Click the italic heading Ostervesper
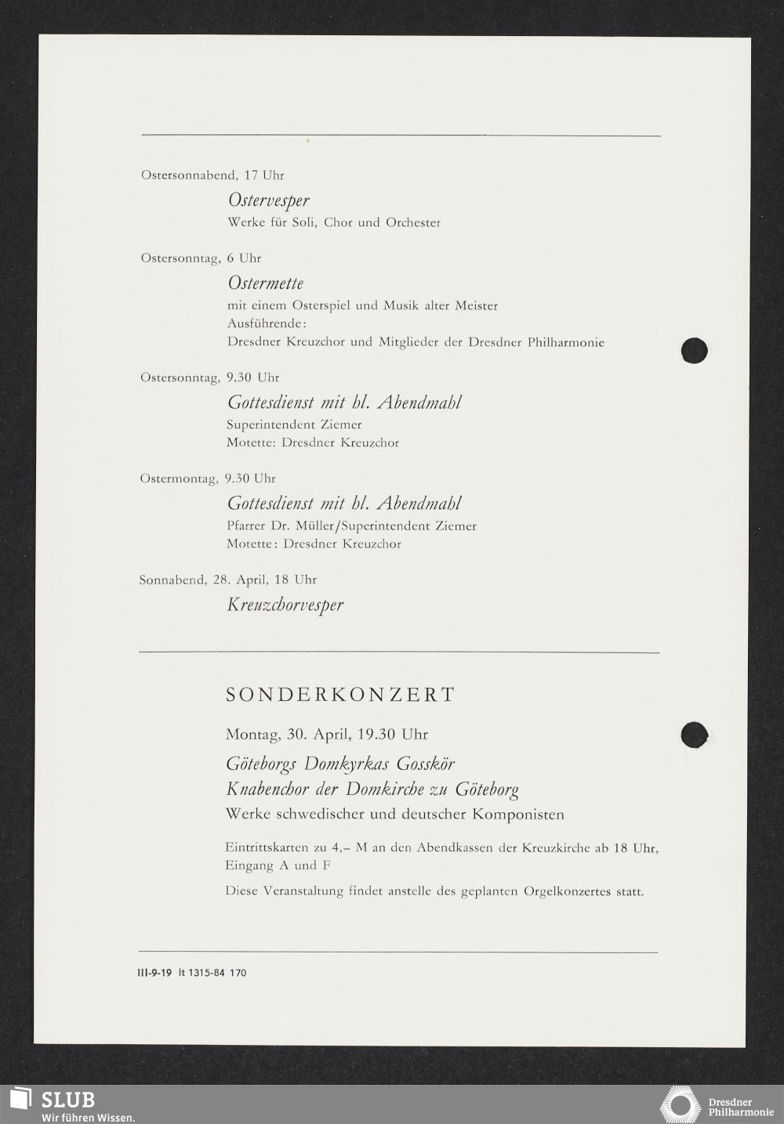[x=268, y=201]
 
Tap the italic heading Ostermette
[x=265, y=283]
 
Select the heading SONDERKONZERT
[x=340, y=695]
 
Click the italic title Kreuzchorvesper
[x=285, y=605]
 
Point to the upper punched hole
[x=694, y=350]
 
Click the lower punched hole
[x=694, y=735]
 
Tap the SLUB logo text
[x=67, y=1099]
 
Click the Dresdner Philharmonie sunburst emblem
[x=679, y=1105]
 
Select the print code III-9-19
[x=149, y=973]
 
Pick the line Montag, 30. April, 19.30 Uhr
[x=326, y=735]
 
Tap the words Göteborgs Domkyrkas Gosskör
[x=340, y=764]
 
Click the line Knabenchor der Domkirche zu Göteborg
[x=372, y=790]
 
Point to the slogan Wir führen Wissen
[x=88, y=1117]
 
